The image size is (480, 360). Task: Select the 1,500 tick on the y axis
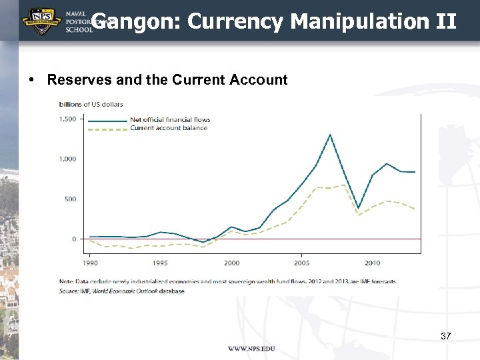(67, 119)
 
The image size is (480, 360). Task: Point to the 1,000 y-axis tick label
(67, 159)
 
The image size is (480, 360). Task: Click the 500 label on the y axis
(70, 199)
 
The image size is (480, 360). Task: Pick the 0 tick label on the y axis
(73, 239)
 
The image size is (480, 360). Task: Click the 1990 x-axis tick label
(90, 263)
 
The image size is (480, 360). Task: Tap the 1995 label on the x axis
(161, 263)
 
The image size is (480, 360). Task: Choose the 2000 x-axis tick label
(231, 263)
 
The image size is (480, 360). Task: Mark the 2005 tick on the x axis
(301, 263)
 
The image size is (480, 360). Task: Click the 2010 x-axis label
(372, 263)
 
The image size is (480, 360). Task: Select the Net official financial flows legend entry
(169, 120)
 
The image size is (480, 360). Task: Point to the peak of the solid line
(330, 135)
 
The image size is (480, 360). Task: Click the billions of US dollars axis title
(91, 104)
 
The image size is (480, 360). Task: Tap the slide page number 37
(446, 337)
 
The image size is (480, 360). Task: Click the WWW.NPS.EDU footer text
(251, 349)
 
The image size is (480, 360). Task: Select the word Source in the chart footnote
(67, 291)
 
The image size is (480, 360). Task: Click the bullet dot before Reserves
(33, 81)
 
